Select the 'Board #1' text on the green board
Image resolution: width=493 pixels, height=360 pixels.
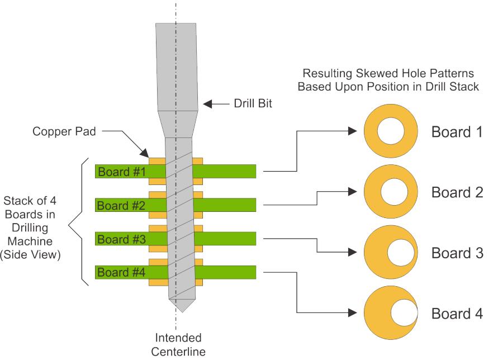click(121, 172)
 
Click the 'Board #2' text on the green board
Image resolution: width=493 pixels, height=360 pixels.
click(121, 205)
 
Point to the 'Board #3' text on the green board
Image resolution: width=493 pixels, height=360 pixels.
click(121, 239)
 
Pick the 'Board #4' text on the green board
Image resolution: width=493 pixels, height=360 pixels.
click(121, 273)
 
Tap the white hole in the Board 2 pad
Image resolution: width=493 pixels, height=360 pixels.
click(392, 192)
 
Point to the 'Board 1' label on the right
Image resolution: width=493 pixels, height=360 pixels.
click(457, 132)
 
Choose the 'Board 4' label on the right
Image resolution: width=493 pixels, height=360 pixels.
click(457, 313)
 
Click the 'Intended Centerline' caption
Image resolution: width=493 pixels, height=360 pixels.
click(178, 345)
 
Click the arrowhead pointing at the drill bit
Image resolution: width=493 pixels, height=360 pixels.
click(207, 104)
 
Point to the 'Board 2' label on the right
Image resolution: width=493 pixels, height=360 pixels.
click(457, 193)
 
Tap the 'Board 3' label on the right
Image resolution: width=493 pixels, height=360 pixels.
click(457, 253)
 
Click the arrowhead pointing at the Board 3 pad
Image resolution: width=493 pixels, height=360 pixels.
click(352, 252)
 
